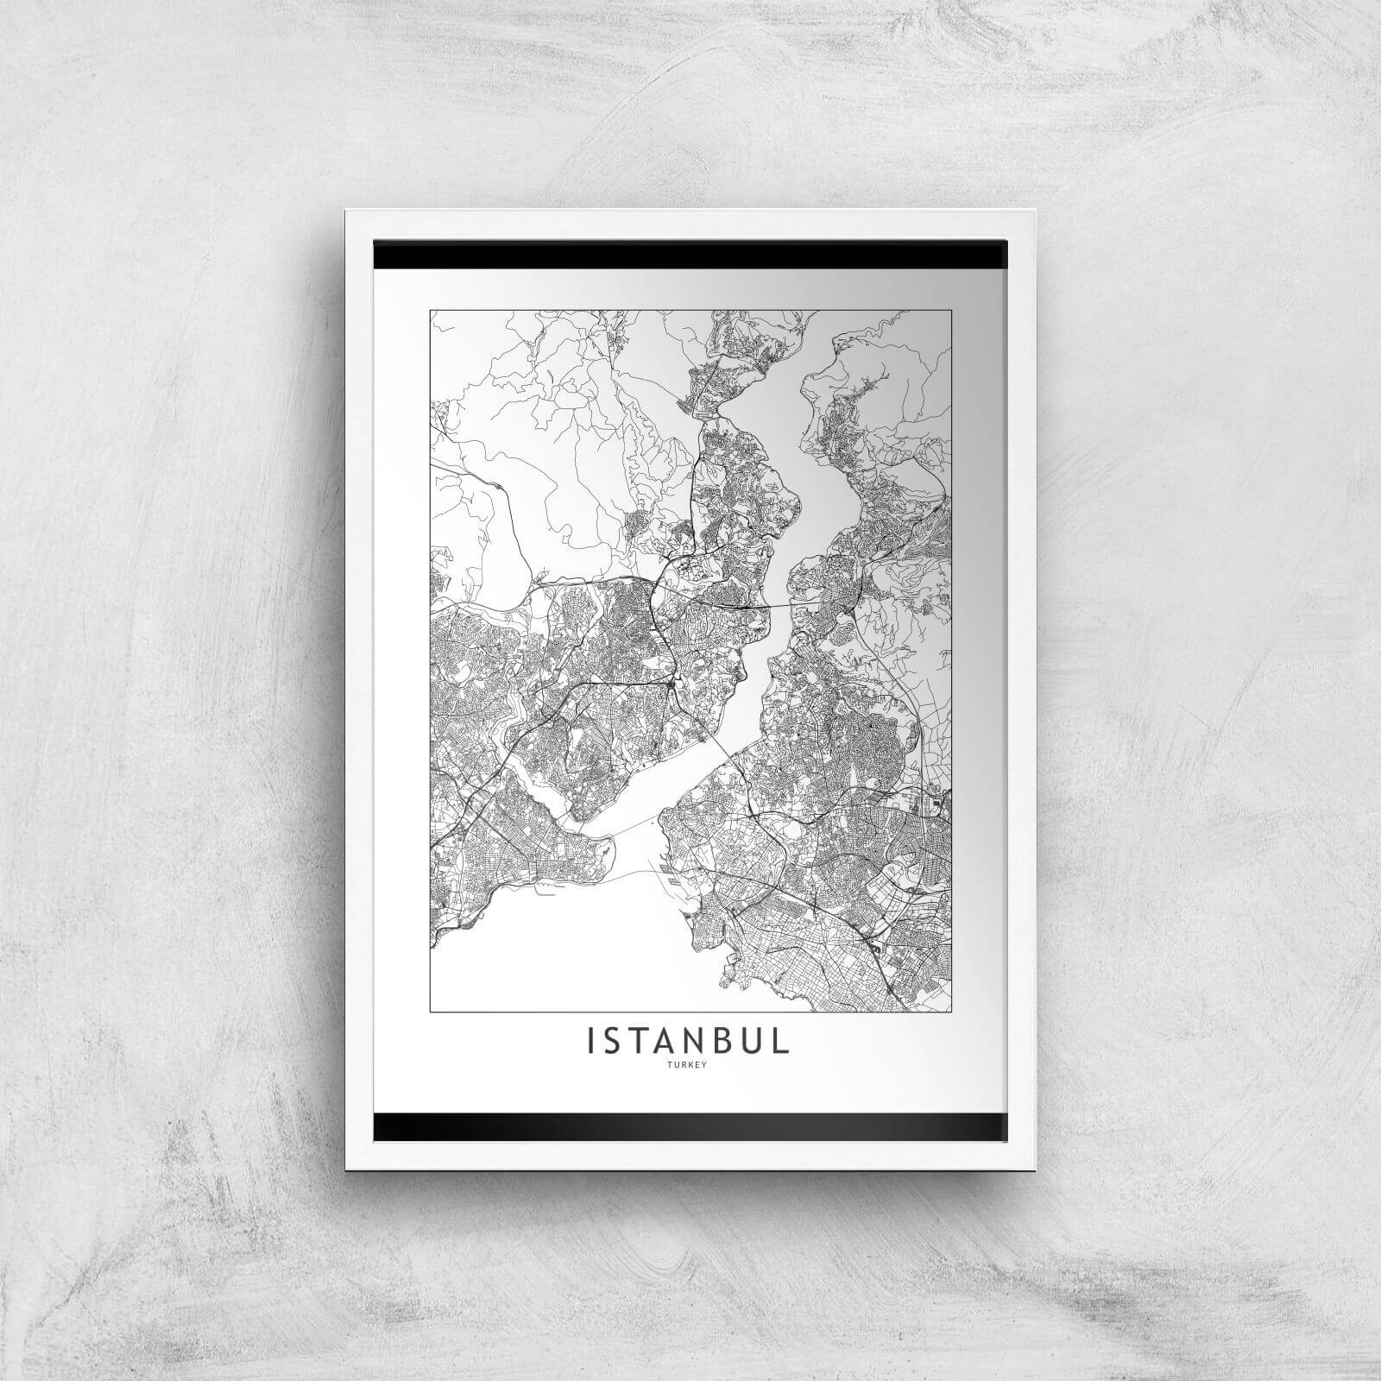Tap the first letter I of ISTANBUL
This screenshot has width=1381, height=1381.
(592, 1041)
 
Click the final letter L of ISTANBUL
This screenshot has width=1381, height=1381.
(780, 1041)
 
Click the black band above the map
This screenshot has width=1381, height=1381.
(690, 255)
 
